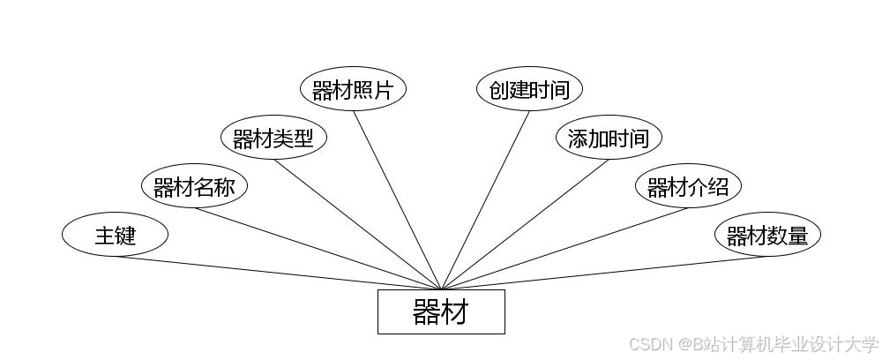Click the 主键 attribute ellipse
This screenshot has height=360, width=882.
pos(115,235)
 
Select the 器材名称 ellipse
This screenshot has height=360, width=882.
pos(194,186)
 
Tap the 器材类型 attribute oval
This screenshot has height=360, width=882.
pos(273,138)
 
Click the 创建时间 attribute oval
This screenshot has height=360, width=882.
pos(529,89)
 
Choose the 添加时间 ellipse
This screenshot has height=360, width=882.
pos(609,138)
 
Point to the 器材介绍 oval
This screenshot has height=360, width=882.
pos(688,186)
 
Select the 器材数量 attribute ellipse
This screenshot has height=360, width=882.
pos(767,235)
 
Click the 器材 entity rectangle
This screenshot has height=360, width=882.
pos(441,311)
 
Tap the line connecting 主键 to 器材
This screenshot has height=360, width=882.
pos(278,273)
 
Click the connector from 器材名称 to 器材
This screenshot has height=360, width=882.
pos(318,248)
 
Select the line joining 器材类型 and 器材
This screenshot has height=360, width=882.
pos(357,224)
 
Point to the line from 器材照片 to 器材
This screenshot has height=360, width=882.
pos(397,199)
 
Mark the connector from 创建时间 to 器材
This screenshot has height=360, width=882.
pos(485,199)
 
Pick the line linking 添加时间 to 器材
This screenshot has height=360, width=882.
pos(525,224)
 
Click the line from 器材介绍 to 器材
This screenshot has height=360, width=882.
pos(564,248)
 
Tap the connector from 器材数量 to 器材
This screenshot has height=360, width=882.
pos(604,273)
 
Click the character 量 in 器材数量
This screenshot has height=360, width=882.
pos(797,236)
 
